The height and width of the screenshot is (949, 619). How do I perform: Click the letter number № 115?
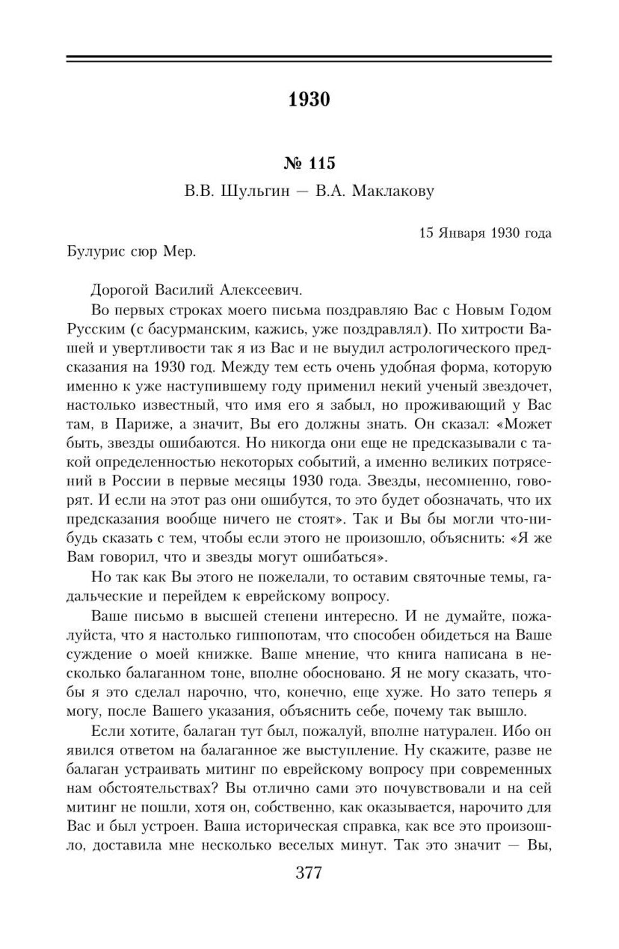[x=309, y=163]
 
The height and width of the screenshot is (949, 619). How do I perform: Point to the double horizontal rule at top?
[x=309, y=59]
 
